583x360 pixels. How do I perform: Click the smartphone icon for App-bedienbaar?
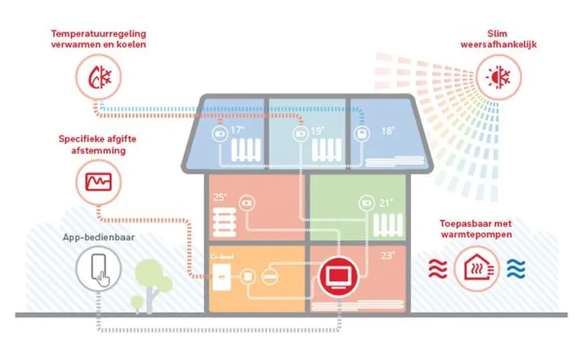[x=99, y=268]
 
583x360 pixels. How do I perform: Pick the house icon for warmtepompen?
[x=476, y=268]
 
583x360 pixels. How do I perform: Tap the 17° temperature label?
[x=236, y=130]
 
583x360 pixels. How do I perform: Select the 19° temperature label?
[x=316, y=131]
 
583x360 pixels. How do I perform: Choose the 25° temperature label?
[x=220, y=197]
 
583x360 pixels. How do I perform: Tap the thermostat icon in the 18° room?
[x=362, y=134]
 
